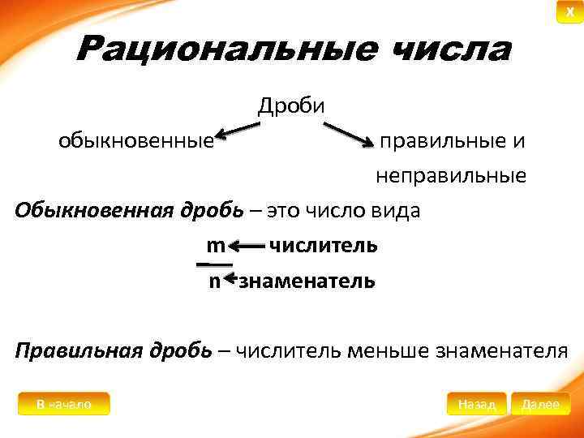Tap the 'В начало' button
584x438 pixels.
pos(63,403)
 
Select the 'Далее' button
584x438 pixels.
pos(541,403)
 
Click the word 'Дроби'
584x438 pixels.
pos(291,105)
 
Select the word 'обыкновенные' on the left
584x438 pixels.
pos(135,141)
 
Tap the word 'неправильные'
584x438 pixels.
pos(450,175)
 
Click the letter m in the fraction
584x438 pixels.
pos(215,245)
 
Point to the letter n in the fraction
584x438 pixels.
pos(214,281)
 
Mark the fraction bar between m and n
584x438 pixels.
pos(215,263)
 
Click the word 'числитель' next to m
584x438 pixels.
pos(323,245)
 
